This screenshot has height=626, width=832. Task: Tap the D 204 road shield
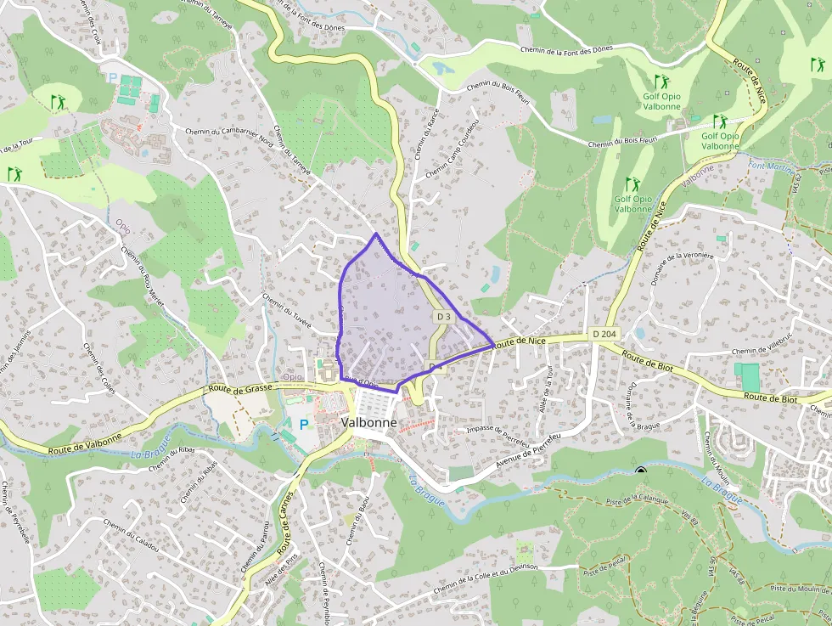coord(604,334)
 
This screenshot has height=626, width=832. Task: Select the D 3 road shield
coord(443,317)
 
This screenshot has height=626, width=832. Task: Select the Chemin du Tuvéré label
coord(287,312)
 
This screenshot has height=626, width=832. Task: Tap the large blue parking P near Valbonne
coord(303,423)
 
